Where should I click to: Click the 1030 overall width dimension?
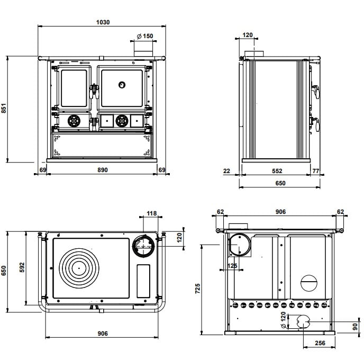103,22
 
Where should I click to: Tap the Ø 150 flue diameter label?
144,36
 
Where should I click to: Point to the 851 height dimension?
4,109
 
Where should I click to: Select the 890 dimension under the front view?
102,170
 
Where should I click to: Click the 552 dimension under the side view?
277,171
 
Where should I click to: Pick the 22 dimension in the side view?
227,171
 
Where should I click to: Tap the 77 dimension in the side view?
316,171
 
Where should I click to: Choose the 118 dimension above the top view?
152,214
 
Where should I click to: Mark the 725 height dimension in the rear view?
197,289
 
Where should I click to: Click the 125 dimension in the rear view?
232,265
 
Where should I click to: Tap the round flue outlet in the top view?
142,244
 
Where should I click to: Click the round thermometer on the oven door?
122,85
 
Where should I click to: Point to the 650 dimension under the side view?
280,183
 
